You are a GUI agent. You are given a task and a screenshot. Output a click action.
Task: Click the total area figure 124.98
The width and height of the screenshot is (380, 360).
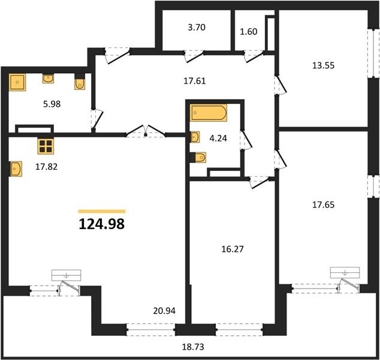click(x=102, y=224)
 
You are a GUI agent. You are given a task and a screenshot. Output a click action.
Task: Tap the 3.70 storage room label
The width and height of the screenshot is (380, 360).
click(x=197, y=27)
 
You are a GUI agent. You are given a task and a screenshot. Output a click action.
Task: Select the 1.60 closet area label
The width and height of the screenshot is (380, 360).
click(x=248, y=32)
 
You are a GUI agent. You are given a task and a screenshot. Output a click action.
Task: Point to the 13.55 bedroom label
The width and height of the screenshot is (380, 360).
click(x=323, y=65)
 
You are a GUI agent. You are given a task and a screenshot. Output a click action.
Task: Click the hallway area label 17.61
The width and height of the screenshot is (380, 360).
click(x=195, y=81)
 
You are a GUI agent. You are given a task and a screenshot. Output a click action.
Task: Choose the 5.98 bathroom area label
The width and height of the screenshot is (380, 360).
click(x=52, y=104)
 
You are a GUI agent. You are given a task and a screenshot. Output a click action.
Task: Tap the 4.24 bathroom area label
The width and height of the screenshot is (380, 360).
click(x=218, y=138)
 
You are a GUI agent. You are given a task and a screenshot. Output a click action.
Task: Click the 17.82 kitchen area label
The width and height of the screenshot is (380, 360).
click(x=46, y=167)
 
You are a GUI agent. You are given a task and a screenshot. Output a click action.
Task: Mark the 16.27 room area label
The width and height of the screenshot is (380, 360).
click(x=233, y=249)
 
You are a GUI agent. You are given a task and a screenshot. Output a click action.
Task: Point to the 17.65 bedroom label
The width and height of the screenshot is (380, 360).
click(x=323, y=205)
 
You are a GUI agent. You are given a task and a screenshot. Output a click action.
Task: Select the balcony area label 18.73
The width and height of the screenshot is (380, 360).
click(x=193, y=347)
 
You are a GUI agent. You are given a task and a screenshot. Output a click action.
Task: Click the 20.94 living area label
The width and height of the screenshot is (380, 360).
click(x=164, y=311)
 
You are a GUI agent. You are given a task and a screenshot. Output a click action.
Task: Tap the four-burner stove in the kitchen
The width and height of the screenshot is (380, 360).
click(x=46, y=146)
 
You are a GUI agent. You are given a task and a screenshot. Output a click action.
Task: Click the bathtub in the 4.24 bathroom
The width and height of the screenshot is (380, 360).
click(x=209, y=113)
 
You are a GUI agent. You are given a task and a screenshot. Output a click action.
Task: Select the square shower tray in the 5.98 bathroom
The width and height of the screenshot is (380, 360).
click(x=17, y=82)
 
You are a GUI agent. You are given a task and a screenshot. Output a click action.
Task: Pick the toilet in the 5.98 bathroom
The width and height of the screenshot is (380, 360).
click(x=80, y=82)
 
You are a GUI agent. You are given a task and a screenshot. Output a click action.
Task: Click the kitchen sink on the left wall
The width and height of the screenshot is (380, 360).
click(x=16, y=169)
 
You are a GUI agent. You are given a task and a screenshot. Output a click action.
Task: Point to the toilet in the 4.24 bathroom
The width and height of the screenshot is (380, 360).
click(x=198, y=157)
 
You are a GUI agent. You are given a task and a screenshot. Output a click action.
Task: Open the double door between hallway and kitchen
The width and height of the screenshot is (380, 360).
click(x=146, y=131)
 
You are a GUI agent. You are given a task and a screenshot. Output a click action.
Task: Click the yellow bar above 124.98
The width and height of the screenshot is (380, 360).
click(x=102, y=211)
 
